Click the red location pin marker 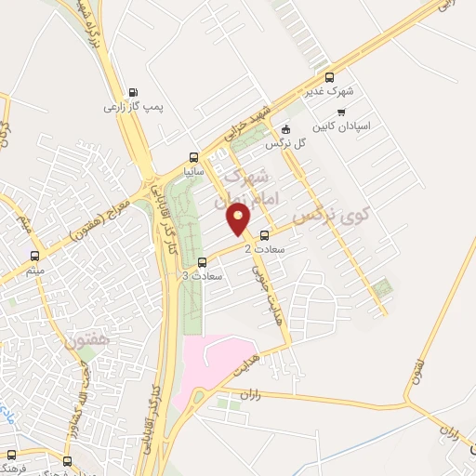click(239, 219)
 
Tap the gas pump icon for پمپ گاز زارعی click(133, 92)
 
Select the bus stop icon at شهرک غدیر click(327, 77)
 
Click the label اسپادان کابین click(335, 126)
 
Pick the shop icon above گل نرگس click(285, 130)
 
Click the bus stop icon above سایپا click(193, 156)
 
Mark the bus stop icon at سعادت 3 click(203, 261)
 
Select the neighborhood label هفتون click(87, 341)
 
